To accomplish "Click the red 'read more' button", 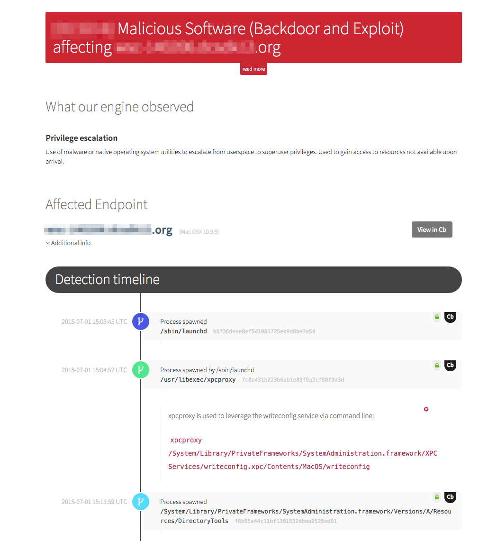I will click(253, 69).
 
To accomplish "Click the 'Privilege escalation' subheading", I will click(81, 138).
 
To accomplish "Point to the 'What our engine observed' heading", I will click(119, 107).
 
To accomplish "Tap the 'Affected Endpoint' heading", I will click(97, 204).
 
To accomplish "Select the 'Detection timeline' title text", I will click(108, 279).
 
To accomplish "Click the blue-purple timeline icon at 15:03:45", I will click(141, 321).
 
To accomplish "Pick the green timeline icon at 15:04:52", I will click(141, 370).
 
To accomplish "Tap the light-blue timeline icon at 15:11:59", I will click(141, 502).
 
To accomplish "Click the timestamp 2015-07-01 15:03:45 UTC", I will click(94, 321).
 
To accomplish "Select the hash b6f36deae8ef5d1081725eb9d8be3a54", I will click(264, 331).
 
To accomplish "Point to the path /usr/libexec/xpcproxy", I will click(198, 380).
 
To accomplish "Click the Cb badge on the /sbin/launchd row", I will click(451, 317).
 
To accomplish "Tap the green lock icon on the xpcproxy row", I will click(437, 365).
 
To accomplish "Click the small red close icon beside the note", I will click(426, 409).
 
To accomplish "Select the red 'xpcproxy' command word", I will click(186, 440).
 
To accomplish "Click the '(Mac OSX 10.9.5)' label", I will click(199, 232).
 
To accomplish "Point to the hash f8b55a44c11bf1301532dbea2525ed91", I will click(286, 521).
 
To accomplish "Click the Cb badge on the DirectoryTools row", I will click(451, 497).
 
